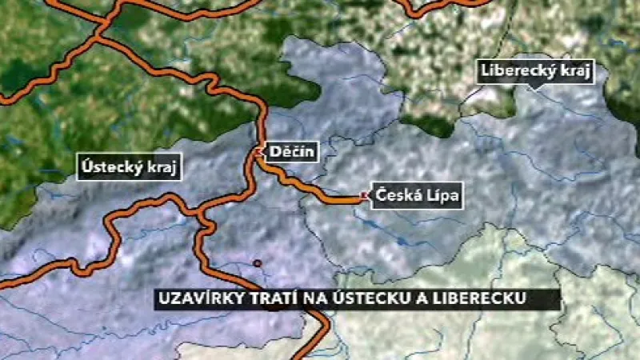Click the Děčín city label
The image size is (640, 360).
pyautogui.click(x=293, y=151)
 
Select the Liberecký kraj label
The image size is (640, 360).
pyautogui.click(x=537, y=70)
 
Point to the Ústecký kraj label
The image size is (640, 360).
pyautogui.click(x=131, y=167)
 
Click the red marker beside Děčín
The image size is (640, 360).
pyautogui.click(x=258, y=150)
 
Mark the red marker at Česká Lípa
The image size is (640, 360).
pyautogui.click(x=365, y=195)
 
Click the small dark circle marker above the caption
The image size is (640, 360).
pyautogui.click(x=257, y=263)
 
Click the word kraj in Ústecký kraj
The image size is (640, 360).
pyautogui.click(x=163, y=167)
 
